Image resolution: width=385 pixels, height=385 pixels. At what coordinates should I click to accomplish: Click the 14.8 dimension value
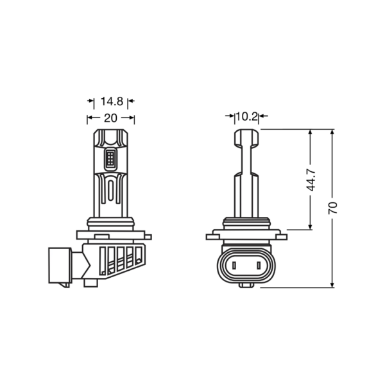point(112,101)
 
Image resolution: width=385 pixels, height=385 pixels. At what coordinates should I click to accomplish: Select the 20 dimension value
point(111,118)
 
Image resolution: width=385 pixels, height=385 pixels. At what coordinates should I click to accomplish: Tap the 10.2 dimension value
point(247,117)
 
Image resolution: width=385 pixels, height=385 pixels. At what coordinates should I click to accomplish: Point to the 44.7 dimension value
point(311,180)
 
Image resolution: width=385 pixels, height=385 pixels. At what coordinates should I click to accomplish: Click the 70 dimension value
point(332,208)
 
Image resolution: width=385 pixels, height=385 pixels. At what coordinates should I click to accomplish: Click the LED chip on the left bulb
point(110,159)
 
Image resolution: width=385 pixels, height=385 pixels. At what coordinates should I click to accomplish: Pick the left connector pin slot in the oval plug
point(234,265)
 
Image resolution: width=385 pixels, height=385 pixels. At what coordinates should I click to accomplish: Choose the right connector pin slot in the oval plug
point(259,265)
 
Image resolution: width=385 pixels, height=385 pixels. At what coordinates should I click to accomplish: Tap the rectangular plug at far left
point(60,265)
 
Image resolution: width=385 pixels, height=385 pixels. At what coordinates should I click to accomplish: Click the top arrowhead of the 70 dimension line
point(332,132)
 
